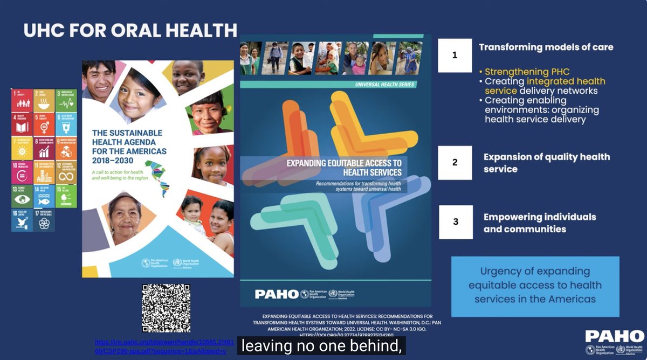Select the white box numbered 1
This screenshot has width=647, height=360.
pyautogui.click(x=455, y=55)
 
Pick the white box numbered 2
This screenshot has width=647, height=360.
pyautogui.click(x=455, y=162)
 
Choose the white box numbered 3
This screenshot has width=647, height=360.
pyautogui.click(x=456, y=221)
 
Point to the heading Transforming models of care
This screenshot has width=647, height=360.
pyautogui.click(x=546, y=47)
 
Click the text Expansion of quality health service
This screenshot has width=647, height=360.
pyautogui.click(x=546, y=163)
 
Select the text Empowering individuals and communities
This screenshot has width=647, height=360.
pyautogui.click(x=539, y=223)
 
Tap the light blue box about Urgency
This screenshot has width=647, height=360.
pyautogui.click(x=535, y=286)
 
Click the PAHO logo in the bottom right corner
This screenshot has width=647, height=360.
pyautogui.click(x=614, y=342)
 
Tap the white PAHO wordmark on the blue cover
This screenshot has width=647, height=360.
pyautogui.click(x=276, y=294)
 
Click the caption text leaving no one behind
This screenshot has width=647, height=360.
pyautogui.click(x=321, y=346)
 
